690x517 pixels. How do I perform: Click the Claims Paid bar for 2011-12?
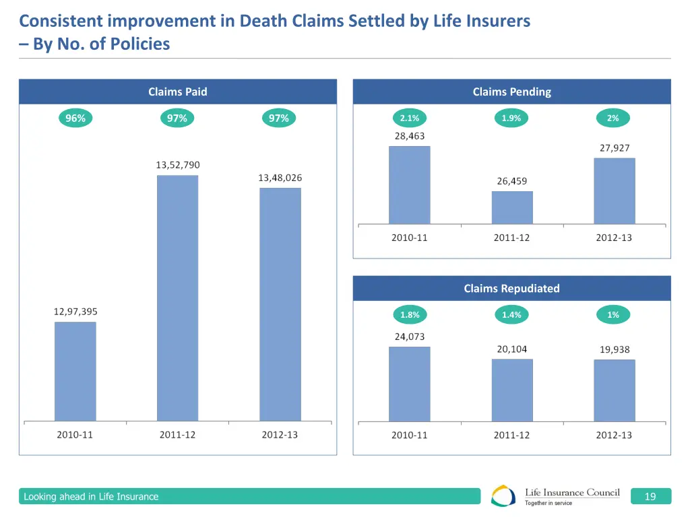click(x=177, y=298)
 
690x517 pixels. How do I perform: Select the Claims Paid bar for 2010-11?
click(x=75, y=372)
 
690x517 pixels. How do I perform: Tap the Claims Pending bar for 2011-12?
click(x=512, y=207)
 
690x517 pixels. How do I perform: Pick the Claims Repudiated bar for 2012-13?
click(x=614, y=390)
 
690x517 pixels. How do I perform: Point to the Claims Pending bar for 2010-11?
click(x=409, y=185)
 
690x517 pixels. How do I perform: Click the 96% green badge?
click(x=75, y=118)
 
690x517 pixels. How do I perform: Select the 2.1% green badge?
click(x=409, y=118)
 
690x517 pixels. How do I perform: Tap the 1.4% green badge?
click(x=511, y=315)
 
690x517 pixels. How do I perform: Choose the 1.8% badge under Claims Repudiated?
click(x=409, y=315)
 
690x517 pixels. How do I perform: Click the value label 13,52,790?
click(x=178, y=165)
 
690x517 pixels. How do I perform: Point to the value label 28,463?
click(x=410, y=136)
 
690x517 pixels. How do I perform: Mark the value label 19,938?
click(x=615, y=349)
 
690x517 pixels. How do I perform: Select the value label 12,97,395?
click(x=75, y=312)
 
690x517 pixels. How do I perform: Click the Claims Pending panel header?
click(x=511, y=92)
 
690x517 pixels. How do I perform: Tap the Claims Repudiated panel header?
click(x=511, y=288)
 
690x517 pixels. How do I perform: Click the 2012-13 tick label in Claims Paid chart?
click(x=280, y=435)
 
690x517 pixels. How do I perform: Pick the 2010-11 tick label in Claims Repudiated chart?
click(x=409, y=435)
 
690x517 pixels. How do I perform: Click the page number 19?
click(x=650, y=497)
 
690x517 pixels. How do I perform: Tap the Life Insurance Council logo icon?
click(x=504, y=496)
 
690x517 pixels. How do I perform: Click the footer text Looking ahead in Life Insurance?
click(x=91, y=497)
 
